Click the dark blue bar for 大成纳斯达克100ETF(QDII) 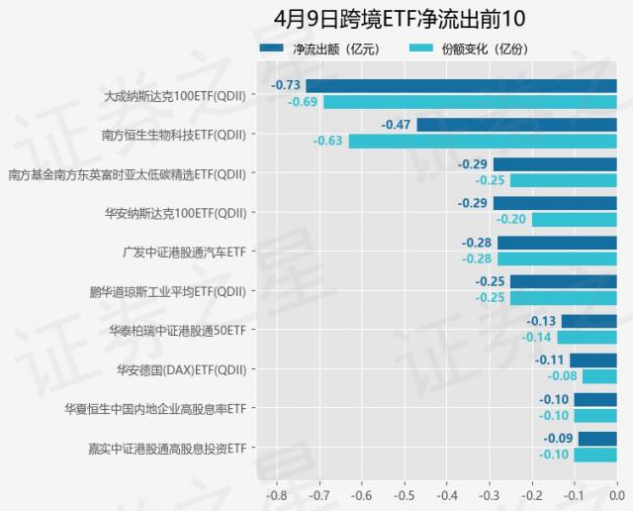(461, 86)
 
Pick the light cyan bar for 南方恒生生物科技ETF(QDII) (483, 141)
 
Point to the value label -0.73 (287, 86)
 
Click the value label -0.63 (328, 141)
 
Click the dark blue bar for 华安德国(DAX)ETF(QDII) (592, 360)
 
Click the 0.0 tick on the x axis (615, 493)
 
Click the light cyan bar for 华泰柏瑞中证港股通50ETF (587, 337)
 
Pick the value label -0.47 (397, 125)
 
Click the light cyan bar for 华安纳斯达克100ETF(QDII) (574, 220)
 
